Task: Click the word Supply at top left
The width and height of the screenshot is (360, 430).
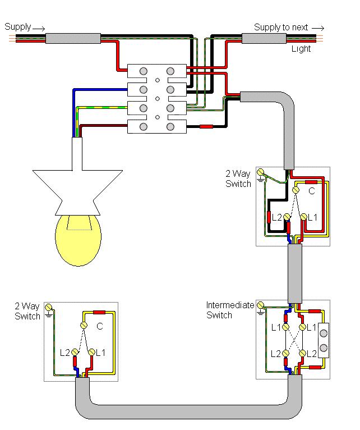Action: click(17, 27)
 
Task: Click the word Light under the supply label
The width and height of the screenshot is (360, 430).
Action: click(301, 49)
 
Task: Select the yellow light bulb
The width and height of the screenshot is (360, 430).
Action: click(79, 239)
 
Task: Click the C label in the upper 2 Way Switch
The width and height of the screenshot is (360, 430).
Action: click(312, 191)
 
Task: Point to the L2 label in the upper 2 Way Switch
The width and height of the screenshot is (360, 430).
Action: click(276, 217)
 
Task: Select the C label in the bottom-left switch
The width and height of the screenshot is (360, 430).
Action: click(100, 326)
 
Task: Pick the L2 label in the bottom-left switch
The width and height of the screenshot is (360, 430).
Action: click(64, 353)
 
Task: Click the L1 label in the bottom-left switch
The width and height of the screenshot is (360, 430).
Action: click(100, 353)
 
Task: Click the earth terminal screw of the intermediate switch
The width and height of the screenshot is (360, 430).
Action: click(260, 305)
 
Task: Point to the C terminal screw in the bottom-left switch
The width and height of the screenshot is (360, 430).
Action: click(84, 325)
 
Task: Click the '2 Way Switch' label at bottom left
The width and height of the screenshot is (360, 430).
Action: click(27, 311)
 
